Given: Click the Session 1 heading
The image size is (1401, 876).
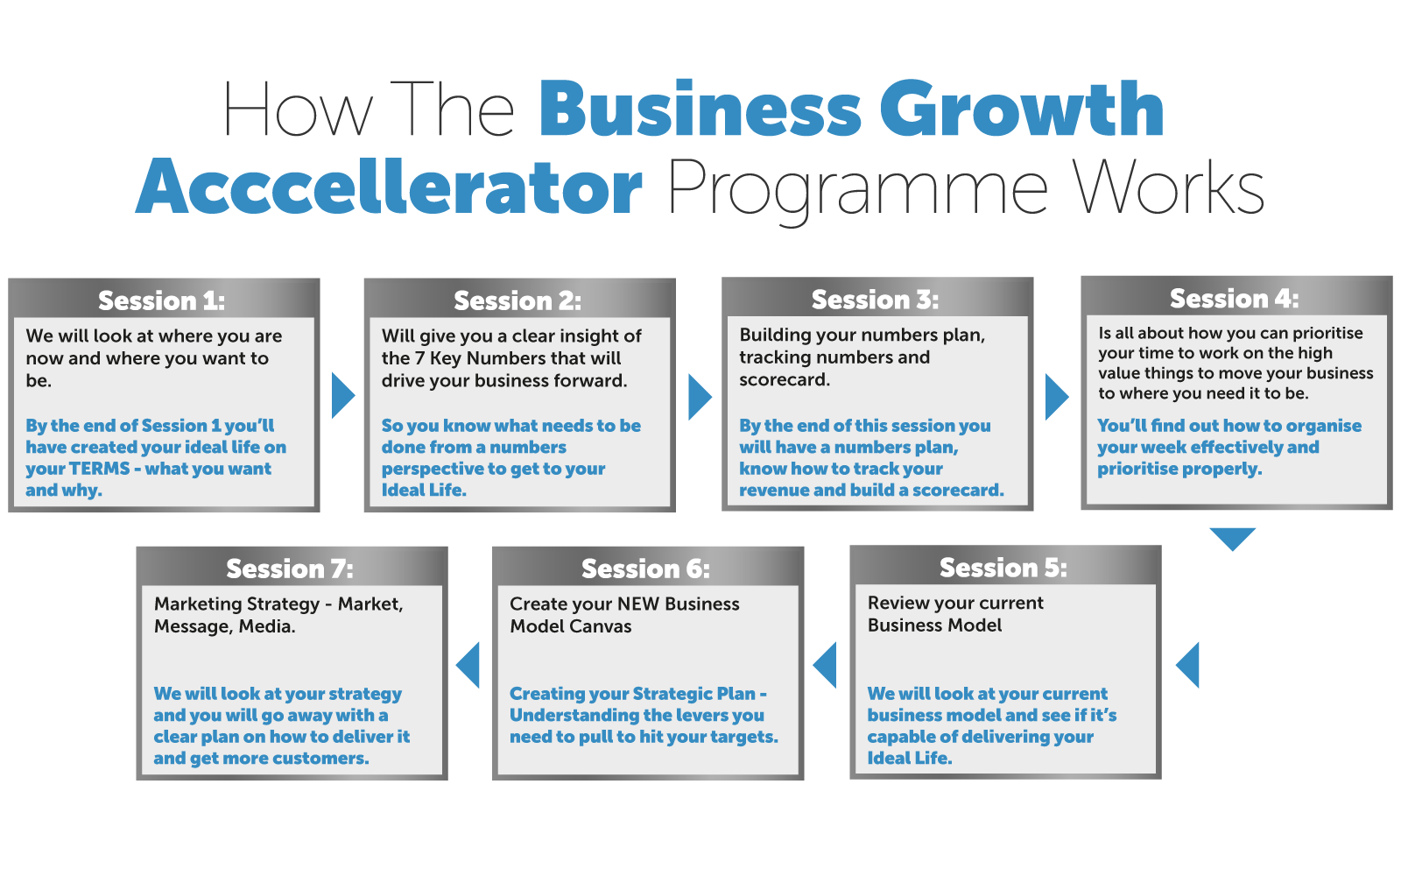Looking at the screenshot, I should [161, 300].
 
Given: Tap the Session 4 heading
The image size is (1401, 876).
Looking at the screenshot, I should [1234, 299].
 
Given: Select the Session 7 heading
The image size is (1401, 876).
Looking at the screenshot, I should [289, 569].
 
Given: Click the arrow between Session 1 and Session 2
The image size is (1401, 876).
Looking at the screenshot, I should [342, 396].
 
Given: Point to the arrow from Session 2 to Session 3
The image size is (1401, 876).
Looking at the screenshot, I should [699, 396].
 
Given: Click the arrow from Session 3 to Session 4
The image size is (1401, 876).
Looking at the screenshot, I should [1056, 396].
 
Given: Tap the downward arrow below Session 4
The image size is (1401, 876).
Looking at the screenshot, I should [1233, 537].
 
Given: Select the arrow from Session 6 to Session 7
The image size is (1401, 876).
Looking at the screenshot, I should [469, 665].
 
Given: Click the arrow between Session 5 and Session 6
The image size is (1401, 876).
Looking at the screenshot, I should [826, 665].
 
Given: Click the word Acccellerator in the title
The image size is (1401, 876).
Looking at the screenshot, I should [391, 187].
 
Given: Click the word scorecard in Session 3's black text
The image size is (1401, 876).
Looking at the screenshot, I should [784, 379].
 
